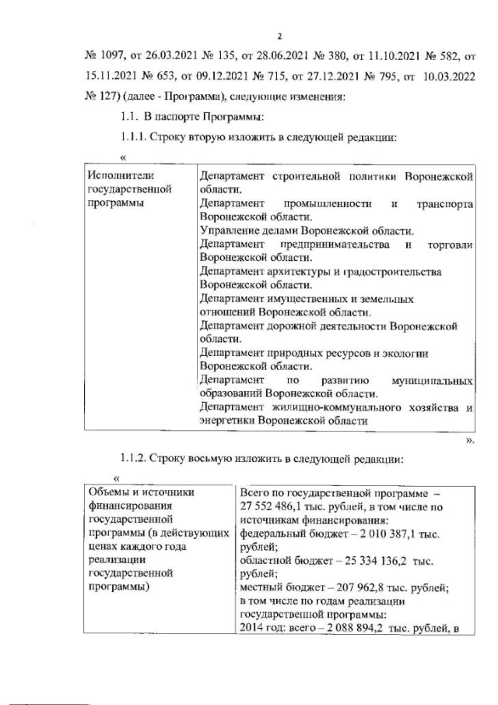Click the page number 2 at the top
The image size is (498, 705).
280,37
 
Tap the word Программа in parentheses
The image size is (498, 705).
190,97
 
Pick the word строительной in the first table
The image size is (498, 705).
308,177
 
